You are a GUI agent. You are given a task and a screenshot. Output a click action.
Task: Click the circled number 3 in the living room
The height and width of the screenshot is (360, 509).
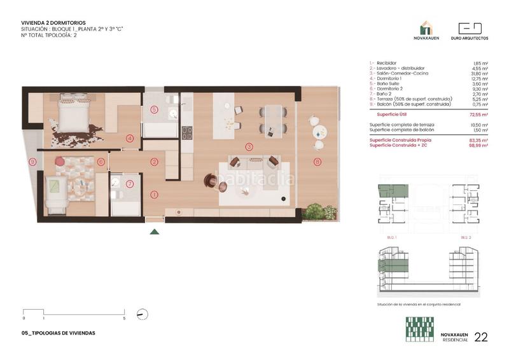pyautogui.click(x=249, y=146)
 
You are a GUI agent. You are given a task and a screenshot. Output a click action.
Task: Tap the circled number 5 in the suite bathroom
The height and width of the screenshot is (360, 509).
pyautogui.click(x=154, y=109)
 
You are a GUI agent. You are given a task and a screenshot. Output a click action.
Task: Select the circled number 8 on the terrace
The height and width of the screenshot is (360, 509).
pyautogui.click(x=317, y=162)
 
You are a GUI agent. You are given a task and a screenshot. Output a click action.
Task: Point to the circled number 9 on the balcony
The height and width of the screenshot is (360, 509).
pyautogui.click(x=32, y=162)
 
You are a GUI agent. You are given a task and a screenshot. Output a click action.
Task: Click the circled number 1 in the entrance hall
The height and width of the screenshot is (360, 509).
pyautogui.click(x=153, y=195)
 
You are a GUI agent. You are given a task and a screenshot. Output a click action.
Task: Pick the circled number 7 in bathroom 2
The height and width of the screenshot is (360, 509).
pyautogui.click(x=130, y=184)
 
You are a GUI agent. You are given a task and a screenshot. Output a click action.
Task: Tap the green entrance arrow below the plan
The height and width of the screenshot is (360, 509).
pyautogui.click(x=153, y=232)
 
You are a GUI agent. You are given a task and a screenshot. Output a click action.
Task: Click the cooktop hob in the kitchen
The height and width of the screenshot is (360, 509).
pyautogui.click(x=188, y=133)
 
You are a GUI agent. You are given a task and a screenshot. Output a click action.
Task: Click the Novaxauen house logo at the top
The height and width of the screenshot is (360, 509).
pyautogui.click(x=426, y=29)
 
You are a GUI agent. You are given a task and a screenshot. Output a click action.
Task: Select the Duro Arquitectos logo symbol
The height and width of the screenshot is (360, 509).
pyautogui.click(x=470, y=29)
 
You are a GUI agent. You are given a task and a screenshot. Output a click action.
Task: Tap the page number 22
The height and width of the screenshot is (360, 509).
pyautogui.click(x=481, y=337)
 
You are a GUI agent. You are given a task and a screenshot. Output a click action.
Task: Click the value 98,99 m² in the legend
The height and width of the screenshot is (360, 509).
pyautogui.click(x=479, y=146)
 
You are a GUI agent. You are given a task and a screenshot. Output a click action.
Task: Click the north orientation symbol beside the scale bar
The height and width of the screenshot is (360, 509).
pyautogui.click(x=143, y=314)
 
